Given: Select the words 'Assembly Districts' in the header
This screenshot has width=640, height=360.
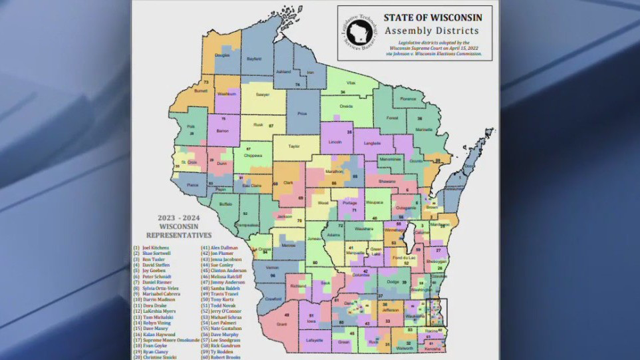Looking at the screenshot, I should coord(432,31).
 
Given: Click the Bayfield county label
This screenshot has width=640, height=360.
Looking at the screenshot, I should coord(254,59).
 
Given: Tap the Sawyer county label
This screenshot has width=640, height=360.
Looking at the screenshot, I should coord(263,94).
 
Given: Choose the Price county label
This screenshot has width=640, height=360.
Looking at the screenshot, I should coord(302,114).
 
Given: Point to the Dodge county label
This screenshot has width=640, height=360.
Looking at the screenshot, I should coord(393,281).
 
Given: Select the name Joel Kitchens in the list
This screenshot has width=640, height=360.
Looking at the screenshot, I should coord(154,248).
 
